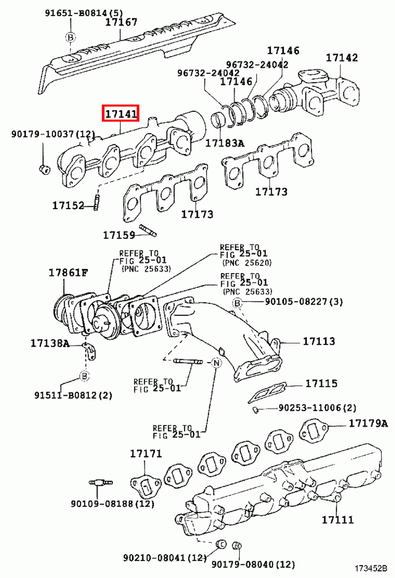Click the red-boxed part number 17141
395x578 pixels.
point(121,114)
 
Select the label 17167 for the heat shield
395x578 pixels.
point(121,22)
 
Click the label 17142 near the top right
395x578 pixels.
point(342,57)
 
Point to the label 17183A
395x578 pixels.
point(225,143)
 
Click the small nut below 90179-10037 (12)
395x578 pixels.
point(44,168)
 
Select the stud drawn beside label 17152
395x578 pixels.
point(96,202)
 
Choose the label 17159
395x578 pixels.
point(119,235)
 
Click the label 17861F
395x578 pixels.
point(68,272)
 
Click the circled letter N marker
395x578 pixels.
point(216,362)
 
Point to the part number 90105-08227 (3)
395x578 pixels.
point(304,301)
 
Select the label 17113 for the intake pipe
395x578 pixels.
point(318,341)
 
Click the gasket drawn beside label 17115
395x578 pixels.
point(268,392)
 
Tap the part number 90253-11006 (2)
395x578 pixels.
point(317,408)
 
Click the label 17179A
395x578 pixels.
point(368,423)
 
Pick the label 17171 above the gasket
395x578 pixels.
point(146,453)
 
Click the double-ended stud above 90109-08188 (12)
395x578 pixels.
point(101,482)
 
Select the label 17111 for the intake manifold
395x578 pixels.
point(338,520)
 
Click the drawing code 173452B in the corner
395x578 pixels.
point(371,569)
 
